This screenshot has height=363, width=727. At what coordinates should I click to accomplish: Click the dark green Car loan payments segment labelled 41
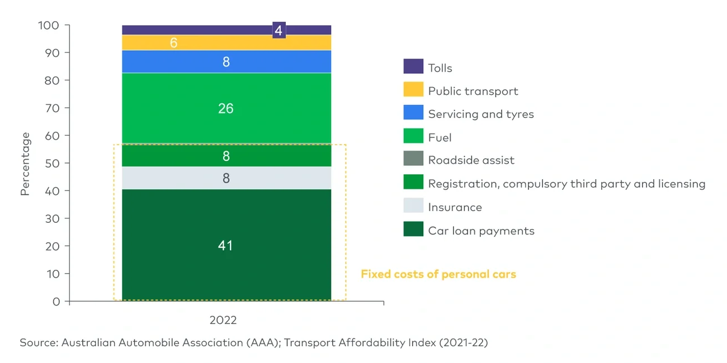[226, 246]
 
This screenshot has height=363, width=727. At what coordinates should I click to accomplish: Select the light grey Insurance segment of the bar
[226, 178]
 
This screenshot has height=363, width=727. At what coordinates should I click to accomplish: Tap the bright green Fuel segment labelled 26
[226, 108]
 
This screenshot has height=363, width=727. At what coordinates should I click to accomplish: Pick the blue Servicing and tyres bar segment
[226, 62]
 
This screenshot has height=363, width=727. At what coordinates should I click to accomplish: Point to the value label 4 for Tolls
[278, 30]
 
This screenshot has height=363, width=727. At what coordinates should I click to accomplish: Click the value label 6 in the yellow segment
[173, 43]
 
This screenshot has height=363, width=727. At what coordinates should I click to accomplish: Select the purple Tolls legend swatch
[413, 67]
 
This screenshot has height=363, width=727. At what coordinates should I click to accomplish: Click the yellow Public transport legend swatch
[413, 90]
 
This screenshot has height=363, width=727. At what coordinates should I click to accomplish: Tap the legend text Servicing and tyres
[480, 114]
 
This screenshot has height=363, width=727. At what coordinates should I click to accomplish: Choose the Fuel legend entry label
[440, 137]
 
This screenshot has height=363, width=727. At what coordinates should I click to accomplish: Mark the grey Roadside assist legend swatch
[413, 160]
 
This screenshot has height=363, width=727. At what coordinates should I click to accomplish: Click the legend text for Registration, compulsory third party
[566, 184]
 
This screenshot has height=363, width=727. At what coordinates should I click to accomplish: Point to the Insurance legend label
[455, 207]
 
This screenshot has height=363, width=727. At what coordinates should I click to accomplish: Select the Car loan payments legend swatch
[413, 230]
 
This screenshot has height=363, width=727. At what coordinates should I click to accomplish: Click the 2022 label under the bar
[223, 321]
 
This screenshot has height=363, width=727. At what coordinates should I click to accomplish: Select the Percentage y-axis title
[25, 164]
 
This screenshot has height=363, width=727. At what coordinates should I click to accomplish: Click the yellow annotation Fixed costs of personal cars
[438, 274]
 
